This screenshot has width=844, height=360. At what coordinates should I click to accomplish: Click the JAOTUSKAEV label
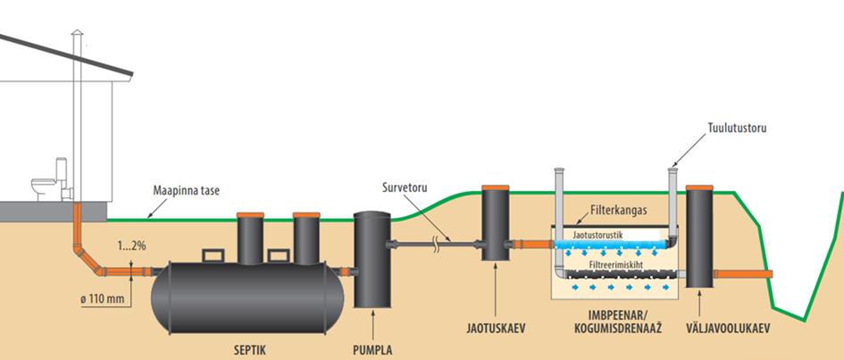click(494, 328)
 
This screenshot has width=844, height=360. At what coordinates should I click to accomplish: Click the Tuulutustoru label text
click(737, 128)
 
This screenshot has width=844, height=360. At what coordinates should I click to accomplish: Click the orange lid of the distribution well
click(495, 188)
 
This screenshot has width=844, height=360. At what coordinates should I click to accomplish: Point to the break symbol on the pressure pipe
click(434, 242)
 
